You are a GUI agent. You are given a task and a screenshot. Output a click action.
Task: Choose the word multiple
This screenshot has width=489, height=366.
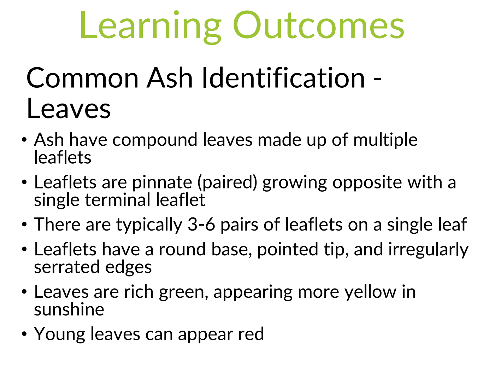385,140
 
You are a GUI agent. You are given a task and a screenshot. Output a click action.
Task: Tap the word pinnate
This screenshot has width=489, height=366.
162,183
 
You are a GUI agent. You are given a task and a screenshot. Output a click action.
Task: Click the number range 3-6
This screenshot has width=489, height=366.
201,225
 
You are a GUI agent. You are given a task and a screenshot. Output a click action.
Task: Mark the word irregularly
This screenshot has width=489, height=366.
428,250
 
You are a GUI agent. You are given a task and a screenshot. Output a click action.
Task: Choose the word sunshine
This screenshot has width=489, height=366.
69,310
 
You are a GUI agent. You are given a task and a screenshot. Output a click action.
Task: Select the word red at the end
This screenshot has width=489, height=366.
251,334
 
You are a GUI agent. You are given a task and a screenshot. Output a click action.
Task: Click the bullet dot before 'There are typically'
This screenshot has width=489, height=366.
24,225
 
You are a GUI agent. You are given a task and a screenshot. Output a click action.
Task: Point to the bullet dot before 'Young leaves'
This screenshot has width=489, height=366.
24,334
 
